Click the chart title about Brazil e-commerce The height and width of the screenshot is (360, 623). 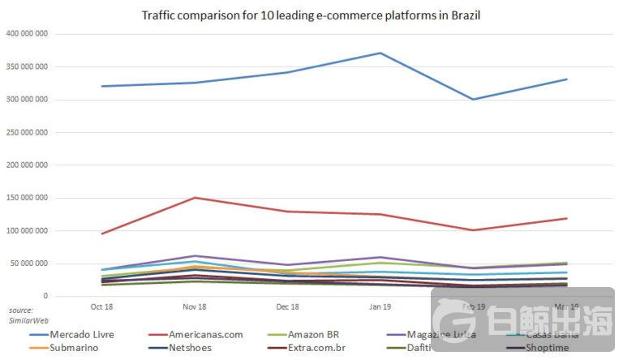[x=311, y=15]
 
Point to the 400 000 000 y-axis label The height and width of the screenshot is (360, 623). [x=26, y=34]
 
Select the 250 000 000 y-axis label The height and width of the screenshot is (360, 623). [x=26, y=132]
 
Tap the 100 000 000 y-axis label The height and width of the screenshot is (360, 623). [x=26, y=231]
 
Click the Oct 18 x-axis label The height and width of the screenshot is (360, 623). [x=101, y=307]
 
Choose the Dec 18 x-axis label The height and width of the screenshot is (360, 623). [x=288, y=307]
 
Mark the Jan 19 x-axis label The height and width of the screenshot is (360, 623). [x=380, y=307]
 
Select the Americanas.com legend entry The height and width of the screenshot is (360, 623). [x=201, y=334]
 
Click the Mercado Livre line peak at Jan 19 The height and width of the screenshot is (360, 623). [x=380, y=53]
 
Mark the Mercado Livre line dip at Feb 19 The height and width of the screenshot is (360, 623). [x=473, y=99]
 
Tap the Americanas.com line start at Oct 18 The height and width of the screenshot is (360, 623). [x=101, y=234]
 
